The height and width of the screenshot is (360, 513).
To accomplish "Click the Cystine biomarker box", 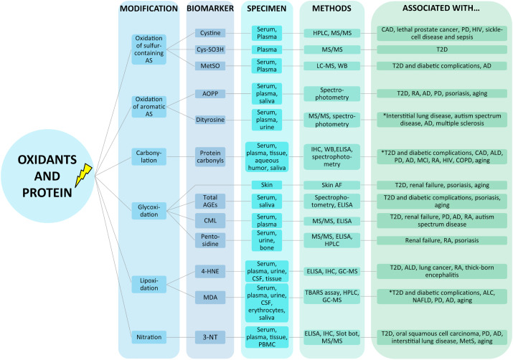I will click(x=210, y=33).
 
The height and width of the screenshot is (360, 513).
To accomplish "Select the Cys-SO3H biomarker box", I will click(x=210, y=49).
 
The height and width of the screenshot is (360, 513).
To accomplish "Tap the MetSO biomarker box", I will click(x=210, y=66).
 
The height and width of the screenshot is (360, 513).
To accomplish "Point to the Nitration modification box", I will click(x=149, y=335).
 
